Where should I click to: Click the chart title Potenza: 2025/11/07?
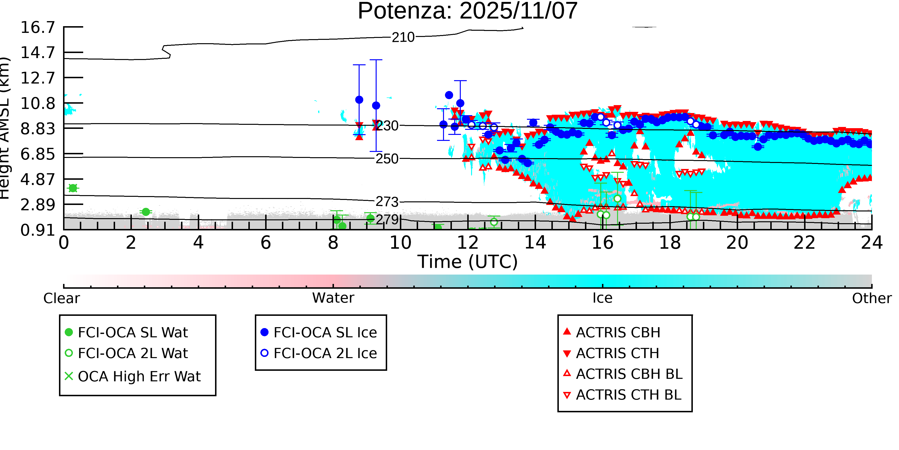[x=468, y=11]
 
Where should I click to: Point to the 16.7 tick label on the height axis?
[x=38, y=27]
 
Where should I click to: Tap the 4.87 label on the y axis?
[x=38, y=180]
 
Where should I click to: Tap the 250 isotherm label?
[x=387, y=159]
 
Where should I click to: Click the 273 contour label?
[x=387, y=202]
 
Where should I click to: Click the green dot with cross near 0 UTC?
[x=73, y=188]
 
